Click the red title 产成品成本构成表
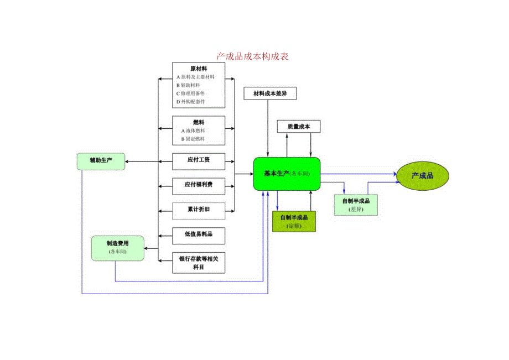tap(252, 56)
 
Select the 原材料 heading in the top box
tap(199, 69)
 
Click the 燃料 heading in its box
tap(199, 122)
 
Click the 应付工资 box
tap(199, 161)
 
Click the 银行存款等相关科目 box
tap(199, 263)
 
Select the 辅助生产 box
tap(101, 161)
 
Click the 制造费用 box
tap(117, 248)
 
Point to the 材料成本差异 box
tap(269, 93)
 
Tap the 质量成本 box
tap(298, 127)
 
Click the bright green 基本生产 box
tap(287, 174)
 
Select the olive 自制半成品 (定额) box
tap(294, 221)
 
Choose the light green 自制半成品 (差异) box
tap(356, 205)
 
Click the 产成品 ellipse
tap(422, 176)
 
